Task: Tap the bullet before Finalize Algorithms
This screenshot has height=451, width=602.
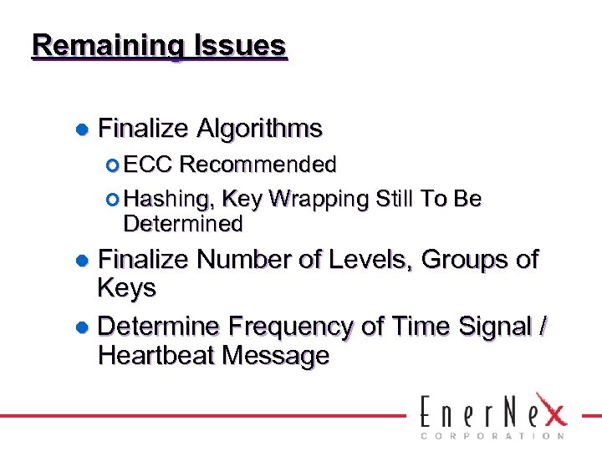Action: pyautogui.click(x=82, y=129)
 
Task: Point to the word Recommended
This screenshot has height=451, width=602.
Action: pyautogui.click(x=258, y=165)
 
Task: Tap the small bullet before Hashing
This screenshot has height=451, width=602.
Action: pyautogui.click(x=115, y=200)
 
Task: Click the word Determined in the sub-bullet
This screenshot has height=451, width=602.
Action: pyautogui.click(x=182, y=224)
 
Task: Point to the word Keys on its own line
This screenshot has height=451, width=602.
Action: pyautogui.click(x=126, y=289)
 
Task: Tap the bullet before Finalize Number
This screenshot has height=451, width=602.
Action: pyautogui.click(x=82, y=261)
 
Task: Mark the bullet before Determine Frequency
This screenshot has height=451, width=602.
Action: pyautogui.click(x=82, y=326)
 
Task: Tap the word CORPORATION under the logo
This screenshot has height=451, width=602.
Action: pyautogui.click(x=493, y=435)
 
